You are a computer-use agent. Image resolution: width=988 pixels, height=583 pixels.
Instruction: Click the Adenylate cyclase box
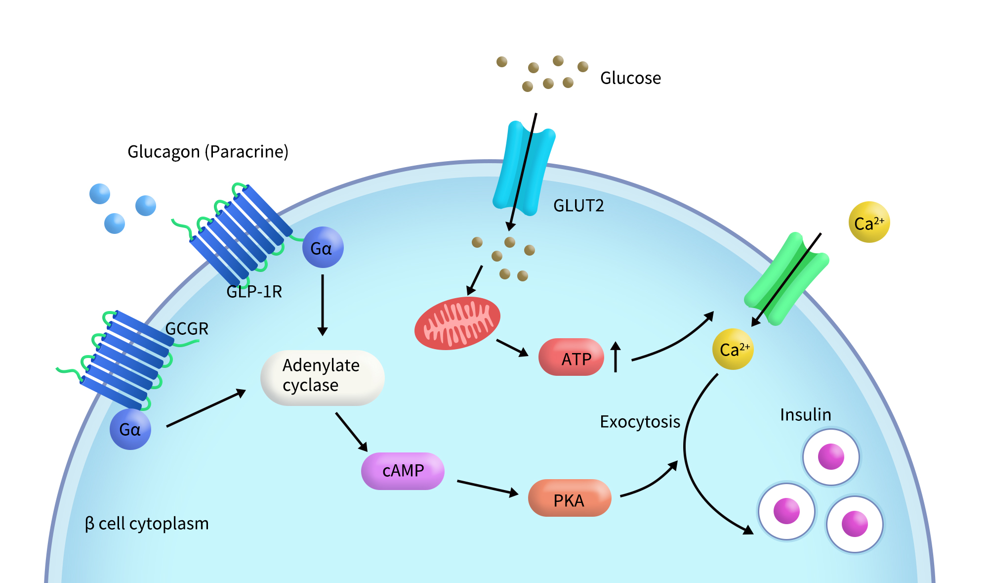[322, 377]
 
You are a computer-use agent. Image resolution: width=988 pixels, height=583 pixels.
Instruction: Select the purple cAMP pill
[403, 471]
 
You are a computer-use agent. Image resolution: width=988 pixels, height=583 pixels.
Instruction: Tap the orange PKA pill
[569, 498]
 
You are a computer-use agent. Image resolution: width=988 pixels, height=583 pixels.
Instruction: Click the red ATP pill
[571, 357]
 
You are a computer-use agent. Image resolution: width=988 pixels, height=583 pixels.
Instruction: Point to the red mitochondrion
[457, 323]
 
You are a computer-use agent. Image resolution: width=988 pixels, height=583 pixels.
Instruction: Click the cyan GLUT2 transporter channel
[524, 168]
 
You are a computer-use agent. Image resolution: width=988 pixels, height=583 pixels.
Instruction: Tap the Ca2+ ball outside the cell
[869, 222]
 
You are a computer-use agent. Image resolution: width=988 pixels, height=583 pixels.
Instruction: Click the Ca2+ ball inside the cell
[733, 349]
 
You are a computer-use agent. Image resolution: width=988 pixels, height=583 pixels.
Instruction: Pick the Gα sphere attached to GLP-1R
[323, 247]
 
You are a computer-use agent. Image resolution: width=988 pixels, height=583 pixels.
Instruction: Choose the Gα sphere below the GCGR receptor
[130, 429]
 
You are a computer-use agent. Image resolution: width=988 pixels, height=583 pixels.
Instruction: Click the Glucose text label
[630, 78]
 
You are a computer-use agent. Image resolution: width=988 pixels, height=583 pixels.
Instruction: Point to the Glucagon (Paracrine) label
[207, 151]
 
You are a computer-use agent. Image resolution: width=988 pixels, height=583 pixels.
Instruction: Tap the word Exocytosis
[640, 422]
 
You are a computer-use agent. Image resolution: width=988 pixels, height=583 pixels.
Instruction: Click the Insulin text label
[805, 414]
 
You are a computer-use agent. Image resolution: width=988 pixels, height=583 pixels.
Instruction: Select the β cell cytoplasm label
[147, 523]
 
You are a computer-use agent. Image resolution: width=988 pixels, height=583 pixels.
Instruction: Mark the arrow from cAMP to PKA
[487, 487]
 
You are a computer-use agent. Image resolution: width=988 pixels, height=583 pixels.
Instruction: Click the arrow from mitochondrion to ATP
[512, 347]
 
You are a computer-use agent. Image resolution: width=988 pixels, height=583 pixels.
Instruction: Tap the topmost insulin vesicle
[831, 457]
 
